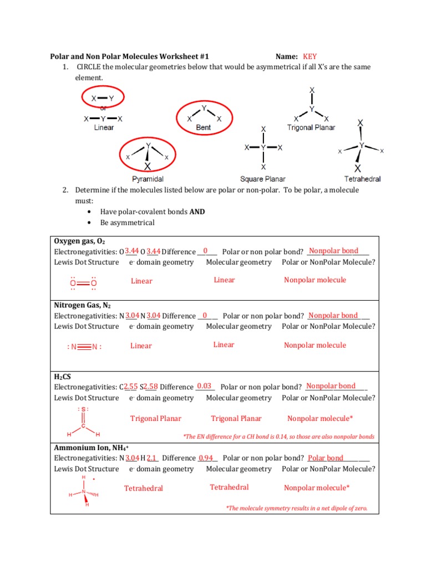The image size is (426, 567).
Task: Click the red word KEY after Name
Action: pyautogui.click(x=310, y=56)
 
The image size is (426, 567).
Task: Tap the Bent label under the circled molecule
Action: pyautogui.click(x=204, y=127)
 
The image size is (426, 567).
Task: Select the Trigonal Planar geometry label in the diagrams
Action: pyautogui.click(x=311, y=127)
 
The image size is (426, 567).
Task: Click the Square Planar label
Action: pyautogui.click(x=263, y=179)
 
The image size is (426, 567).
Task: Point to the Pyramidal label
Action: pyautogui.click(x=147, y=179)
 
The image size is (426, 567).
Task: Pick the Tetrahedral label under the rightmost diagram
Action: pyautogui.click(x=362, y=179)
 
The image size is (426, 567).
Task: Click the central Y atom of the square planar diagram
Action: pyautogui.click(x=263, y=148)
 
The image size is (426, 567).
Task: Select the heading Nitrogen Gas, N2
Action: pyautogui.click(x=82, y=306)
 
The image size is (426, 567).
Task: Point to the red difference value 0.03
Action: pyautogui.click(x=204, y=386)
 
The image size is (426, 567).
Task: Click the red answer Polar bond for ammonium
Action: pyautogui.click(x=326, y=458)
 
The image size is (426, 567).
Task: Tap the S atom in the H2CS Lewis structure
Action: pyautogui.click(x=83, y=409)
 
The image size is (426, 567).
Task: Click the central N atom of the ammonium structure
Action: pyautogui.click(x=84, y=492)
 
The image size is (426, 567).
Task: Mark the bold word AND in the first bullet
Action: pyautogui.click(x=197, y=212)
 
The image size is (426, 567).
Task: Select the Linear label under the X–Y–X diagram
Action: pyautogui.click(x=104, y=127)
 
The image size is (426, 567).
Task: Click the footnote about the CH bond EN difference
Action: pyautogui.click(x=278, y=436)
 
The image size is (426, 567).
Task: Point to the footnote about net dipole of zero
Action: pyautogui.click(x=297, y=508)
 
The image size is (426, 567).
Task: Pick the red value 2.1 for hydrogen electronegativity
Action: pyautogui.click(x=153, y=458)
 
